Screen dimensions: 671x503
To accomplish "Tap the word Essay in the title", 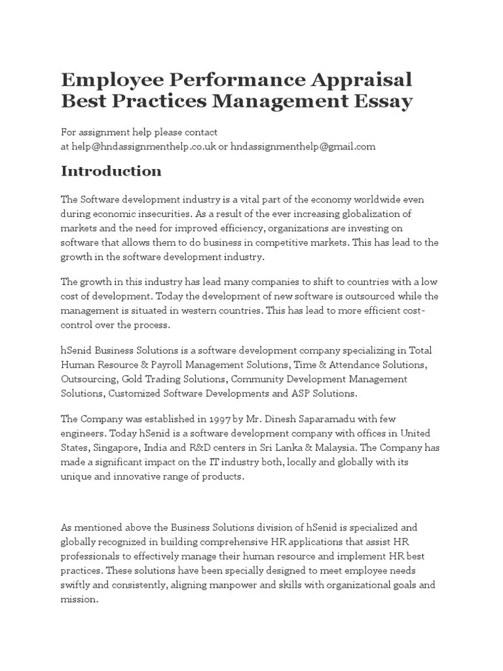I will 383,102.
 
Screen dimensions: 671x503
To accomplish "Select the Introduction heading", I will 111,171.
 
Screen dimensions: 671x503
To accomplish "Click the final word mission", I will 79,599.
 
